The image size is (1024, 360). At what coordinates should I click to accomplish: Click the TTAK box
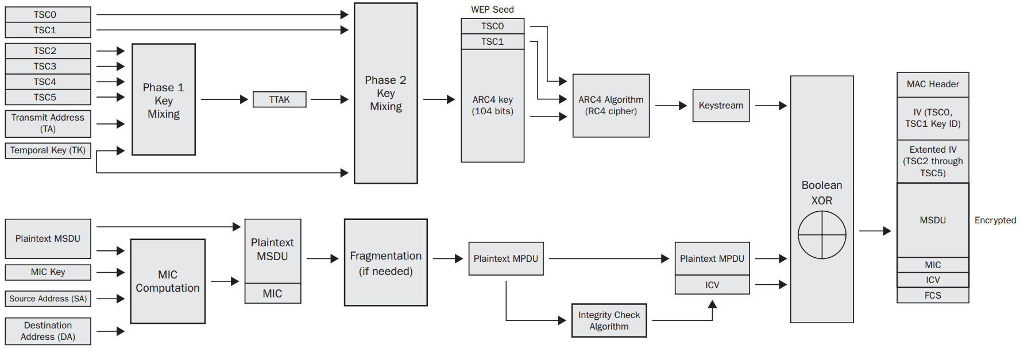[279, 99]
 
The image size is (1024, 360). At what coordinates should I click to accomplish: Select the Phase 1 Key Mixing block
[164, 99]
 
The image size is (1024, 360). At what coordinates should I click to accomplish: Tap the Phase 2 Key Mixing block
[385, 93]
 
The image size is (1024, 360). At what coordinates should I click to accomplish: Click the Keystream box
[721, 106]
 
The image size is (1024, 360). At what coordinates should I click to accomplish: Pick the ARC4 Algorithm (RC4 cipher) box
[610, 106]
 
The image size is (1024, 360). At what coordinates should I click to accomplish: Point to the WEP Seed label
[492, 9]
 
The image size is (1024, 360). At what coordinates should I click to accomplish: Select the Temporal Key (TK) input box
[48, 150]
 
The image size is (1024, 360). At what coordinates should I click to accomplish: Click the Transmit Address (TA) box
[48, 123]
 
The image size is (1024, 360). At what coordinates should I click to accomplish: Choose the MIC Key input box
[48, 272]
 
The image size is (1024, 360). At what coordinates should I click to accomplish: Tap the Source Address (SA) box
[48, 299]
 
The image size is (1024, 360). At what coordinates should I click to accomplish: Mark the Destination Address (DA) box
[48, 331]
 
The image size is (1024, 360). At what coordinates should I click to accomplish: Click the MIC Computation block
[168, 281]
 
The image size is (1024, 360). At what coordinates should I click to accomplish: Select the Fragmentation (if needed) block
[385, 262]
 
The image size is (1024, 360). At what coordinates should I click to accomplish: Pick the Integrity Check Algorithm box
[609, 320]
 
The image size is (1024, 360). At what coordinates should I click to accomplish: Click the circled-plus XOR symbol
[822, 235]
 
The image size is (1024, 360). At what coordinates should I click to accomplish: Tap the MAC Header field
[933, 84]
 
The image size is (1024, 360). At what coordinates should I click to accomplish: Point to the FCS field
[933, 295]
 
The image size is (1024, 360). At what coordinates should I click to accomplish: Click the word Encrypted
[995, 220]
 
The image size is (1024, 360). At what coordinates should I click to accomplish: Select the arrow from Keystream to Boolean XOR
[770, 106]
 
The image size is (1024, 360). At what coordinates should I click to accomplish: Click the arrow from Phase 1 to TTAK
[224, 99]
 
